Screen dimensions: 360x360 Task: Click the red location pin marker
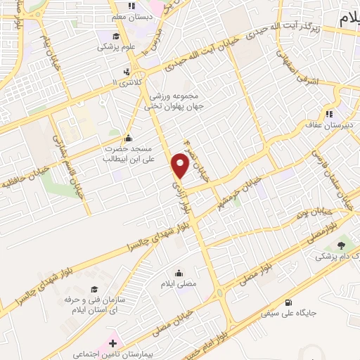coord(181,165)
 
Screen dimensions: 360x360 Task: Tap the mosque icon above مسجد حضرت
coord(127,138)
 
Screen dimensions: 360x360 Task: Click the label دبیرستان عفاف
coord(328,124)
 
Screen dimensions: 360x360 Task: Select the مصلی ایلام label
coord(179,285)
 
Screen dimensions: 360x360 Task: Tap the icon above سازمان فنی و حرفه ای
coord(94,289)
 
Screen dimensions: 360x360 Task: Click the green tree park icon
coord(342,245)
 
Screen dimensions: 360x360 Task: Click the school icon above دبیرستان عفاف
coord(328,114)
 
